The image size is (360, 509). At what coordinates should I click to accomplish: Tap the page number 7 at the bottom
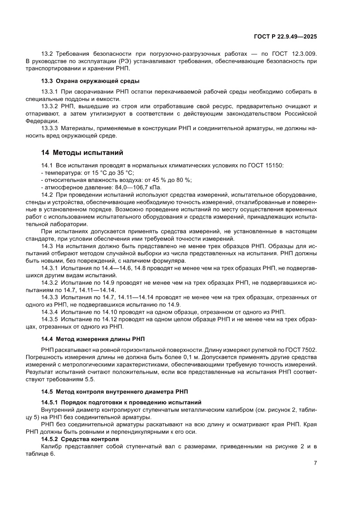pyautogui.click(x=315, y=463)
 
